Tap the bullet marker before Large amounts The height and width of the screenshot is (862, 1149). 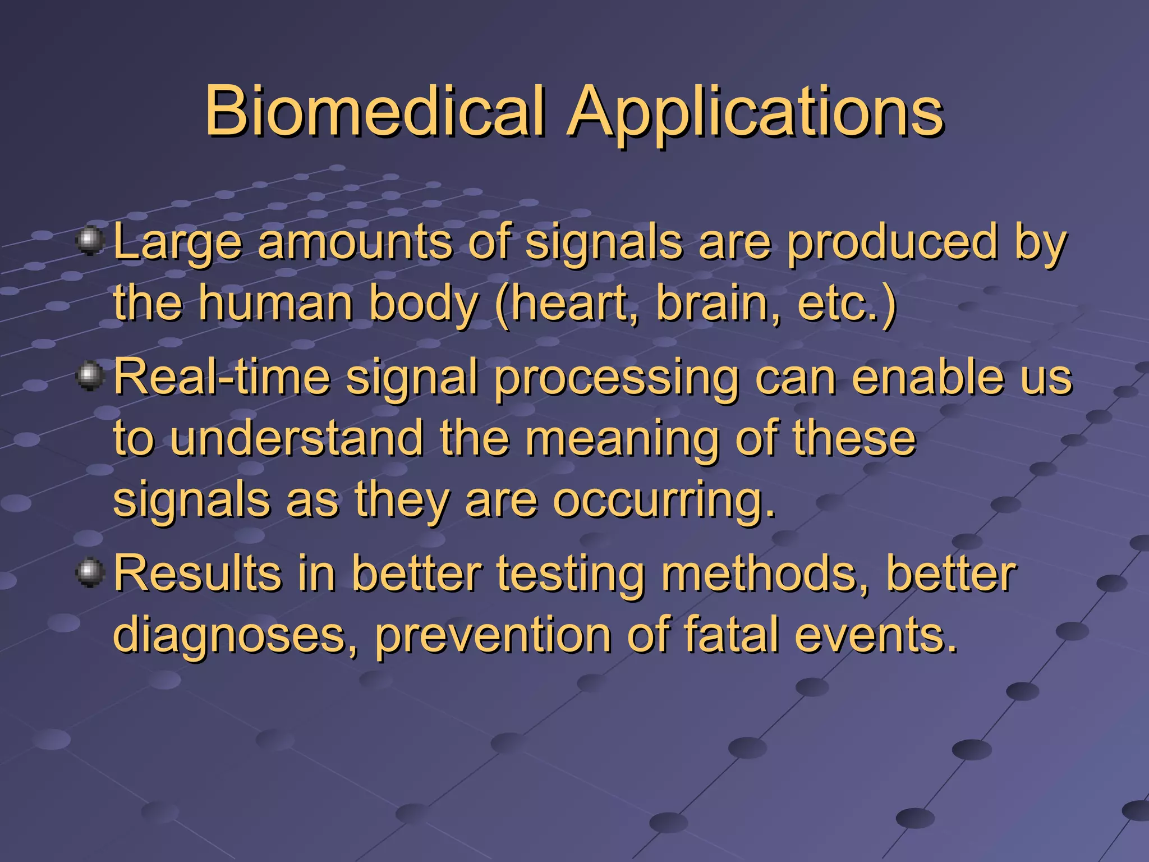click(x=90, y=242)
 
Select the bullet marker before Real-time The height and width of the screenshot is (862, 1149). click(x=90, y=376)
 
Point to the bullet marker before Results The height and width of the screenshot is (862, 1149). click(x=90, y=573)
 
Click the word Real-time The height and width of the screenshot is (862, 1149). click(x=222, y=377)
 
